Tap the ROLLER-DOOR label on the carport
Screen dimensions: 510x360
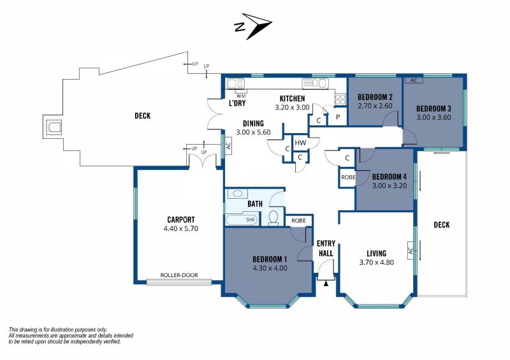pyautogui.click(x=179, y=275)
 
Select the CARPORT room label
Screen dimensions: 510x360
pyautogui.click(x=181, y=220)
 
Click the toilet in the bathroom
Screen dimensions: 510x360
pyautogui.click(x=273, y=217)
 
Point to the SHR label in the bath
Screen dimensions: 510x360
pyautogui.click(x=250, y=220)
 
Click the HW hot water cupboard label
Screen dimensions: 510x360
pyautogui.click(x=300, y=143)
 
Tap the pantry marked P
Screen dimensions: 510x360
pyautogui.click(x=338, y=117)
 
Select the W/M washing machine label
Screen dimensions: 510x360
pyautogui.click(x=241, y=96)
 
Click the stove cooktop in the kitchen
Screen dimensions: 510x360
pyautogui.click(x=340, y=98)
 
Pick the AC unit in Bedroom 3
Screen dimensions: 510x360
pyautogui.click(x=413, y=80)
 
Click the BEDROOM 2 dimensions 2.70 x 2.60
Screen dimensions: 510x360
pyautogui.click(x=375, y=106)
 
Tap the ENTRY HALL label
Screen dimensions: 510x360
pyautogui.click(x=326, y=248)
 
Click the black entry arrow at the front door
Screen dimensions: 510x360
pyautogui.click(x=326, y=284)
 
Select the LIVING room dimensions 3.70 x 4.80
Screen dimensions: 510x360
pyautogui.click(x=376, y=262)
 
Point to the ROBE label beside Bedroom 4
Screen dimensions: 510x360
pyautogui.click(x=348, y=177)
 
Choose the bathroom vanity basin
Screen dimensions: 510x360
pyautogui.click(x=237, y=194)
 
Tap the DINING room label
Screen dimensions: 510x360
pyautogui.click(x=253, y=124)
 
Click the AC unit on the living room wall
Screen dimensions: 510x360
pyautogui.click(x=411, y=250)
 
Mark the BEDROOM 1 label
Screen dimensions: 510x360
pyautogui.click(x=270, y=259)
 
